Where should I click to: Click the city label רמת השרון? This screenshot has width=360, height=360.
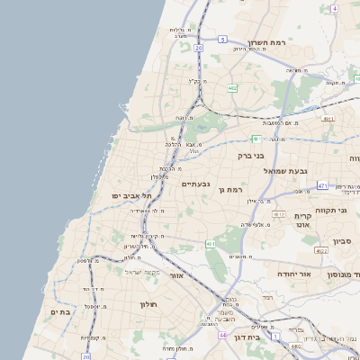(x=266, y=43)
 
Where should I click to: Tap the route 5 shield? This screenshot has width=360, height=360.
(x=222, y=40)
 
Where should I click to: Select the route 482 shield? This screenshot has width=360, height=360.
(x=232, y=88)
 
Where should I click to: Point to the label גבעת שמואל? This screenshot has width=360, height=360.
(x=286, y=170)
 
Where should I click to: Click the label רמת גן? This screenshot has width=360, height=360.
(x=231, y=190)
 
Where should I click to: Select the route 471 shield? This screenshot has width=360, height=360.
(x=322, y=185)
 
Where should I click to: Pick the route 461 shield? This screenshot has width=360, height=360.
(x=210, y=243)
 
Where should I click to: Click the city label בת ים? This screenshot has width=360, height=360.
(x=59, y=312)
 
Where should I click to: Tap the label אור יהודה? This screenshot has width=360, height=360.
(x=293, y=273)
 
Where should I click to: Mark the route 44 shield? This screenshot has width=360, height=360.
(x=222, y=335)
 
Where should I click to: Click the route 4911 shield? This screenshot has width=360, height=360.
(x=328, y=118)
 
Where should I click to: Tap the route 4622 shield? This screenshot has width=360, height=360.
(x=320, y=251)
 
